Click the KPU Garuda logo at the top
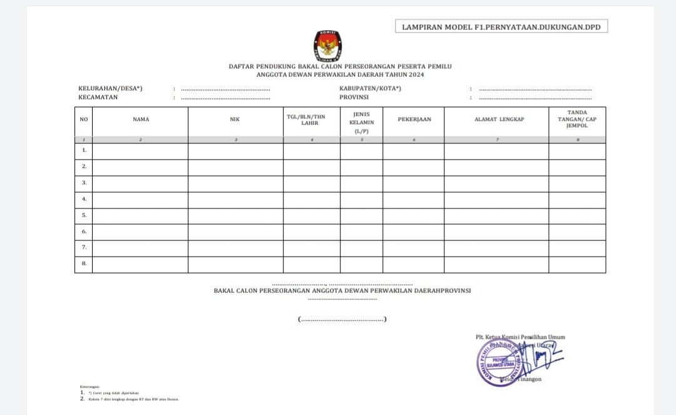[x=327, y=45]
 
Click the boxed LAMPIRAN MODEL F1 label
[x=501, y=26]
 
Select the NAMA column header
[x=141, y=119]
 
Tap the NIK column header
[x=235, y=119]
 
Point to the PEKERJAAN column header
[x=414, y=119]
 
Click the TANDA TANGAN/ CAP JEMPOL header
[x=576, y=119]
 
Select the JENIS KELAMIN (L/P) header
[x=361, y=122]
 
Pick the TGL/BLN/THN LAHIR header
[x=311, y=120]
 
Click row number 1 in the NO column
[x=84, y=151]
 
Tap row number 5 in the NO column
[x=84, y=215]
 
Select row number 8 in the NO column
[x=84, y=264]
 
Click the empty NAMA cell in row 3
[x=140, y=183]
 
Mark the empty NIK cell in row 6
[x=235, y=232]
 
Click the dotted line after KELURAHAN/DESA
[x=225, y=90]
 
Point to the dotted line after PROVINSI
[x=535, y=98]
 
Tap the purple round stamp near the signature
[x=498, y=362]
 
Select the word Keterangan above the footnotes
[x=90, y=387]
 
